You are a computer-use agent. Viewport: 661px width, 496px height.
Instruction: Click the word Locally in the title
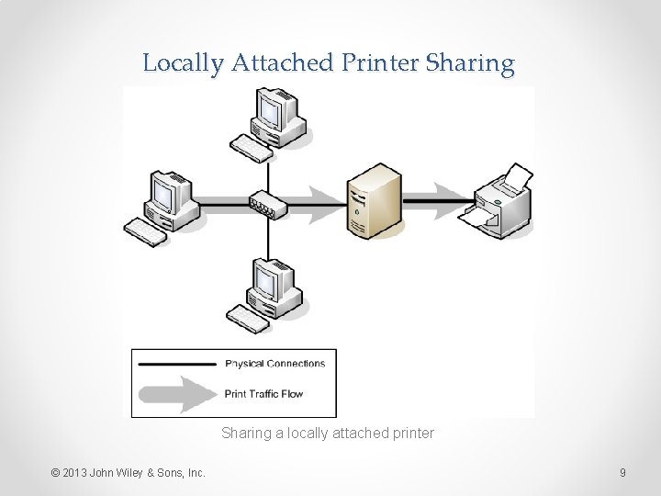[x=184, y=63]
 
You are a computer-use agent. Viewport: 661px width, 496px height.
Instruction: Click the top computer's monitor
[x=272, y=109]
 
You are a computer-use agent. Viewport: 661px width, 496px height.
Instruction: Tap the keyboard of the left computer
[x=146, y=231]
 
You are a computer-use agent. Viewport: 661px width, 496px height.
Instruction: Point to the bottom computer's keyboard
[x=248, y=319]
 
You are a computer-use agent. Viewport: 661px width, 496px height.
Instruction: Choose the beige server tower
[x=374, y=201]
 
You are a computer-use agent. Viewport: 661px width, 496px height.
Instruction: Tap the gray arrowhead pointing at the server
[x=326, y=204]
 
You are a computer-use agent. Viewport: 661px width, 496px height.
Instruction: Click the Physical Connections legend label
[x=274, y=364]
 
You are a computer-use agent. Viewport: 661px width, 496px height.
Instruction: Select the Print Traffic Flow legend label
[x=263, y=394]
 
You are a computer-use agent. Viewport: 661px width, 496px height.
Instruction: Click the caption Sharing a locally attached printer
[x=327, y=433]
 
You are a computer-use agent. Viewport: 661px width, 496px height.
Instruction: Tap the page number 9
[x=622, y=473]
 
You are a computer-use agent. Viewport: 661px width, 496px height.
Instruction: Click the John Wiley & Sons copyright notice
[x=129, y=473]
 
